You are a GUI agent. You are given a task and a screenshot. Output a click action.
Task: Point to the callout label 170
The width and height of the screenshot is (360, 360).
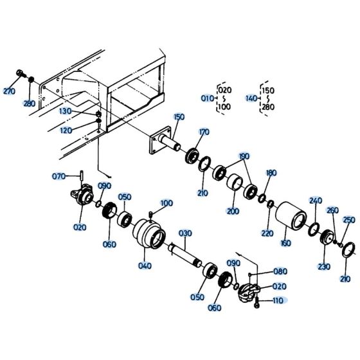click(x=204, y=132)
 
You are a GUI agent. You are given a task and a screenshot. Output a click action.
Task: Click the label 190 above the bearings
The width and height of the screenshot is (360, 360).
click(x=244, y=156)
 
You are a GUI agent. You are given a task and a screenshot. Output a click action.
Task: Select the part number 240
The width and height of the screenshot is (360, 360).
click(x=315, y=201)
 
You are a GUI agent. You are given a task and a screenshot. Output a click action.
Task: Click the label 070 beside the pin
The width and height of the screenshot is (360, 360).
click(x=59, y=175)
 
